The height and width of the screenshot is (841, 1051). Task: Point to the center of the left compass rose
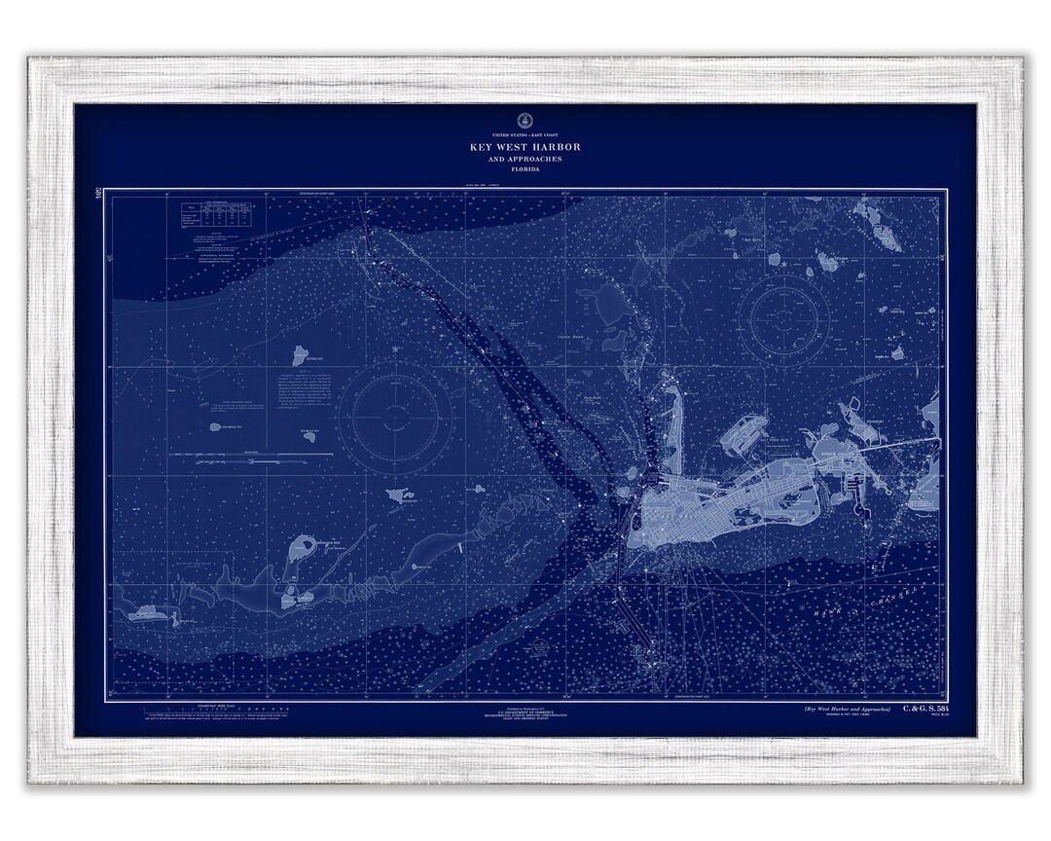click(401, 416)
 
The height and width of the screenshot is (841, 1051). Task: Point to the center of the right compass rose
click(782, 317)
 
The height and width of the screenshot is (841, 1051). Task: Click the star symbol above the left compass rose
click(395, 349)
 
